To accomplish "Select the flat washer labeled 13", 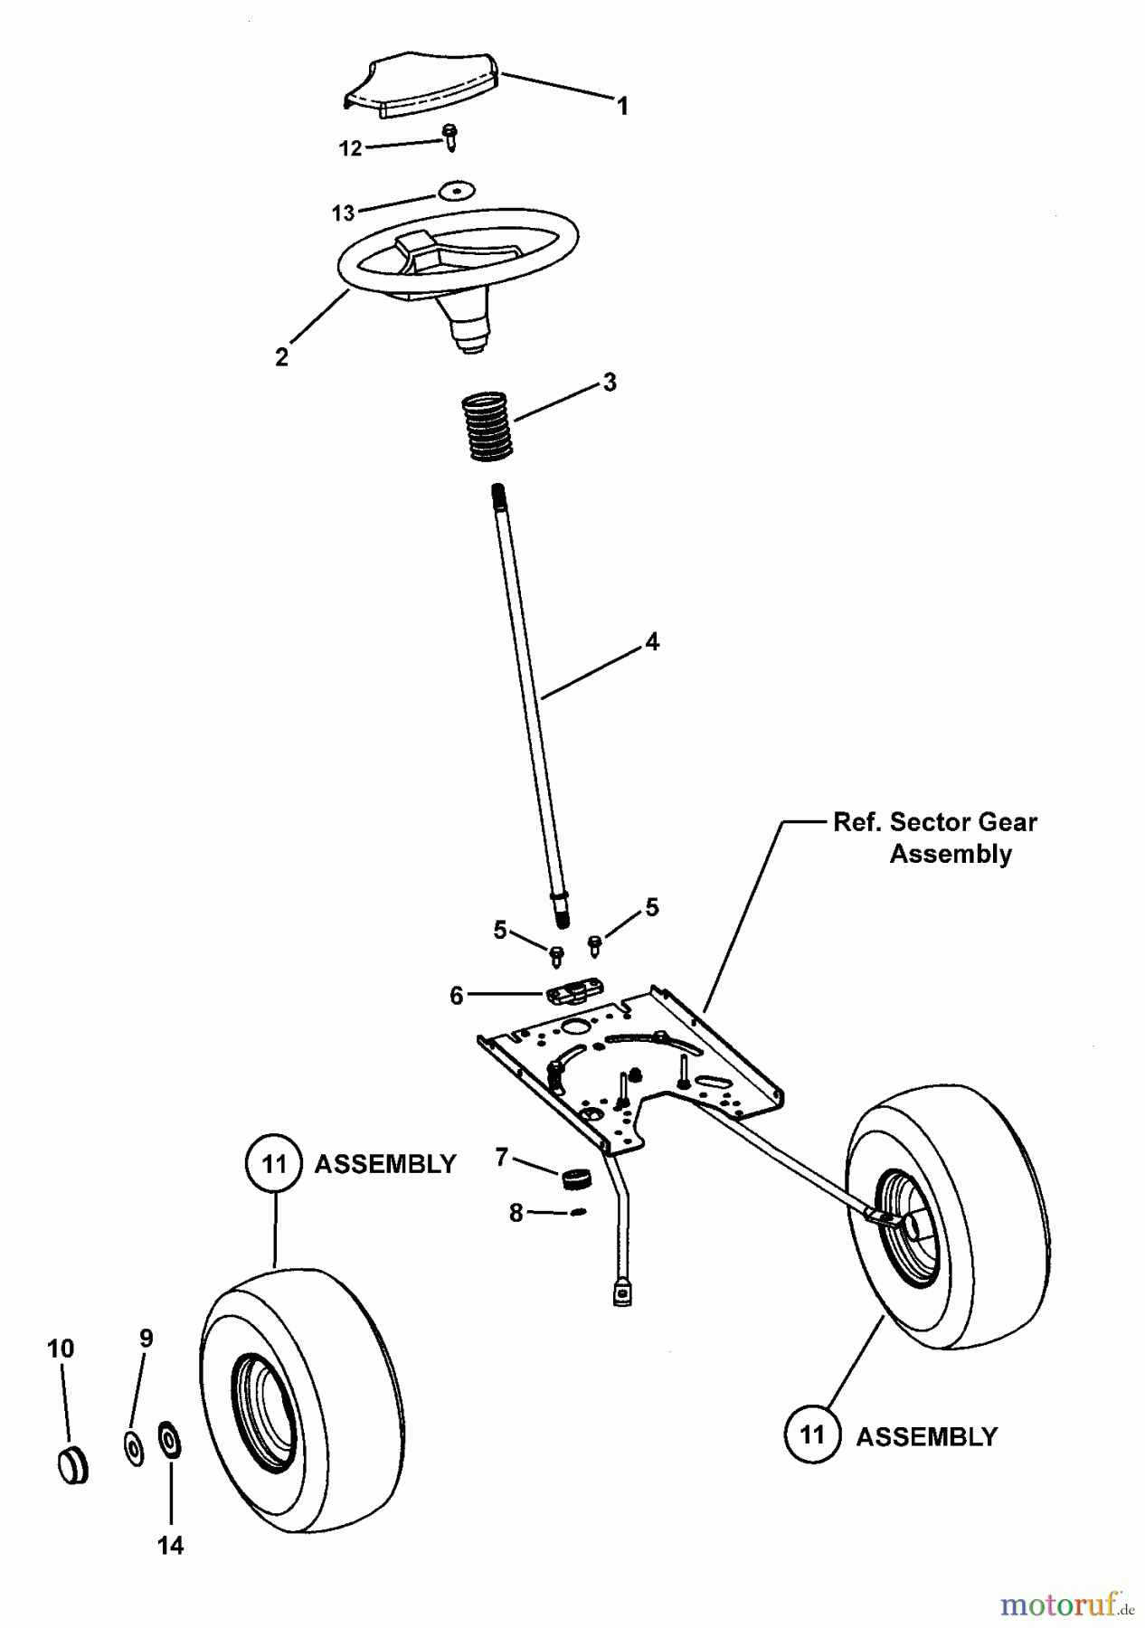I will coord(458,190).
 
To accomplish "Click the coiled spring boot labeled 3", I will coord(487,426).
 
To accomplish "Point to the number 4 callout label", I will coord(652,642).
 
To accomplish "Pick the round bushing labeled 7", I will coord(574,1179).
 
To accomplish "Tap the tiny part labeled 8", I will coord(579,1212).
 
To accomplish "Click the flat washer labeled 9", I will coord(134,1448).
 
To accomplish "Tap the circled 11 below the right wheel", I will coord(813,1434).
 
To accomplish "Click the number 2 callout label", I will coord(282,357).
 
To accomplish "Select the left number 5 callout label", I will coord(500,930).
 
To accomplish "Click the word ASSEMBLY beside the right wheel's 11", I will coord(926,1437).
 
